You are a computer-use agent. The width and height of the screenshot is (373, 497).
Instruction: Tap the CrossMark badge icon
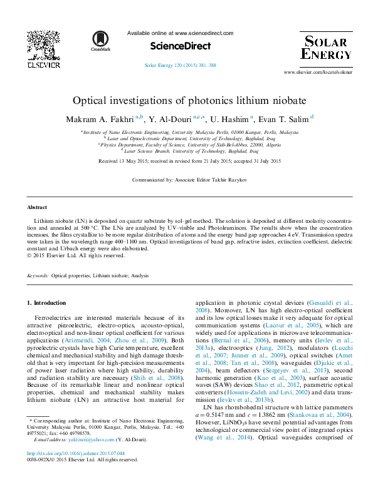tap(100, 39)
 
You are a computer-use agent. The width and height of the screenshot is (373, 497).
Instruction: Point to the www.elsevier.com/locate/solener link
tap(318, 73)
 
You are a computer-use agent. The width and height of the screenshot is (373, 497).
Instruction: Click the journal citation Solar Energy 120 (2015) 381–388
tap(181, 65)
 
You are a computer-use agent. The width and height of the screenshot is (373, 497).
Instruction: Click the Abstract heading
tap(37, 207)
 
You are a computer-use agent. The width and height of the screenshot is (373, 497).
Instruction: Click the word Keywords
tap(38, 275)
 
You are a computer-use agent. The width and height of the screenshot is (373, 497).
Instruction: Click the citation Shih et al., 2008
tap(167, 378)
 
